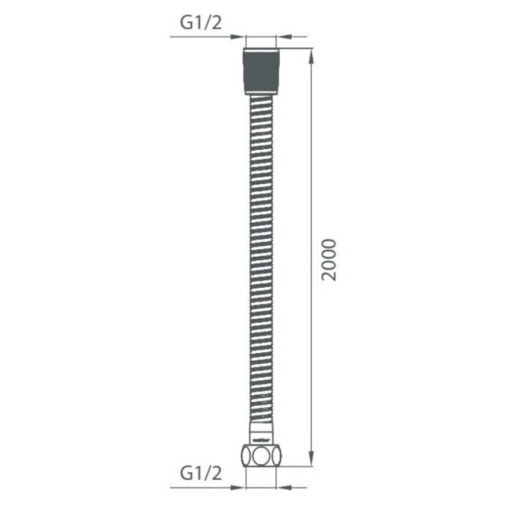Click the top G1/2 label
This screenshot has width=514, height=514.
[x=201, y=23]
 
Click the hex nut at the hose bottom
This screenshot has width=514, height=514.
[x=260, y=452]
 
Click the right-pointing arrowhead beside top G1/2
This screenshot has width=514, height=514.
[x=237, y=36]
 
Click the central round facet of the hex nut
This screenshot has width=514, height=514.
[x=260, y=453]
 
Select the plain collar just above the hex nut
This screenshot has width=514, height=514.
[x=260, y=432]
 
